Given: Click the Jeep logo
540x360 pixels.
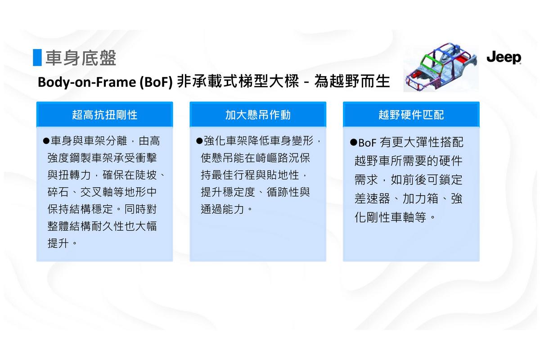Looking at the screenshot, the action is point(504,58).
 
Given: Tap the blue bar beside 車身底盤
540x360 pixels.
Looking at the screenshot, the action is point(37,58).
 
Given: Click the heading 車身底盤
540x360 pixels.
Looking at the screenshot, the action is point(81,58).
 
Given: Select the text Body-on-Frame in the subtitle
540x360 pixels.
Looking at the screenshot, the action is point(87,82).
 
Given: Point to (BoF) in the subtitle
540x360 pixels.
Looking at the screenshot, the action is point(156,82).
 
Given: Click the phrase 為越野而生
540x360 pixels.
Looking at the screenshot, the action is point(352,81).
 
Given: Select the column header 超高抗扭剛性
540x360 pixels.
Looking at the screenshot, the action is point(104,115).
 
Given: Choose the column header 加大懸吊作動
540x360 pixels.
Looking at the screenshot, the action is point(258,115).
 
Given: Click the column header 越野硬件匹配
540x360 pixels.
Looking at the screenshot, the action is point(411,115).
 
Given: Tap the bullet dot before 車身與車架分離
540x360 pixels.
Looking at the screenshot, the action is point(46,141).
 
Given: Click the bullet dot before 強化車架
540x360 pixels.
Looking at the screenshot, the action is point(199,140).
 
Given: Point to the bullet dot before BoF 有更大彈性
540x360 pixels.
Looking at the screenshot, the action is point(353,142).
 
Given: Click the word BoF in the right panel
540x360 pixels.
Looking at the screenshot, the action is point(367,143).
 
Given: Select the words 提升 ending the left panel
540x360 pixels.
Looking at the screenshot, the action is point(58,243).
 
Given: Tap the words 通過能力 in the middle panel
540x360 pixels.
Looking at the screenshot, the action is point(222,209).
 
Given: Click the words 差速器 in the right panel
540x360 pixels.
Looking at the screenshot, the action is point(372,199).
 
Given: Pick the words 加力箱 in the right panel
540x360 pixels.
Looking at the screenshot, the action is point(420,199).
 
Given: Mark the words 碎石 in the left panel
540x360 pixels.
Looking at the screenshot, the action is point(58,192).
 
